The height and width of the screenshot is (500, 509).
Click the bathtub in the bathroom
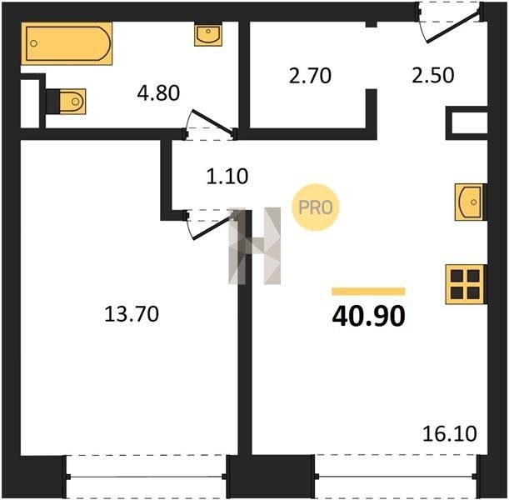point(67,43)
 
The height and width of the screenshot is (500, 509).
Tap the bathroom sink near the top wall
point(208,34)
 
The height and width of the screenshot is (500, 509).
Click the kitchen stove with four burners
point(465,284)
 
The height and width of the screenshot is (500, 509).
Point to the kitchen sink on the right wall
point(469,202)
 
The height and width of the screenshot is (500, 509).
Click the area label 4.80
point(158,92)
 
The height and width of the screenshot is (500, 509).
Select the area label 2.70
point(310,76)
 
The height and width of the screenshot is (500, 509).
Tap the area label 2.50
point(433,75)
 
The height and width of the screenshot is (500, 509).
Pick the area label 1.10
point(227,177)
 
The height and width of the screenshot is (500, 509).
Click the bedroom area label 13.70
point(132,314)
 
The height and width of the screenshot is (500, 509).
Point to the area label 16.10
point(450,434)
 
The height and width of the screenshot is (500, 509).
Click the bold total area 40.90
point(369,316)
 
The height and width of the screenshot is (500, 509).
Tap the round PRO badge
point(316,207)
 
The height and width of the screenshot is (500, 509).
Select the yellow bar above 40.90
point(369,291)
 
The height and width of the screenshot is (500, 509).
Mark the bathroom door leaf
point(213,122)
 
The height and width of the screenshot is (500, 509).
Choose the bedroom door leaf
point(214,226)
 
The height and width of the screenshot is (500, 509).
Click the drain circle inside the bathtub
point(33,43)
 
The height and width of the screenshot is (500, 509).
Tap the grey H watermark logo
point(255,246)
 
